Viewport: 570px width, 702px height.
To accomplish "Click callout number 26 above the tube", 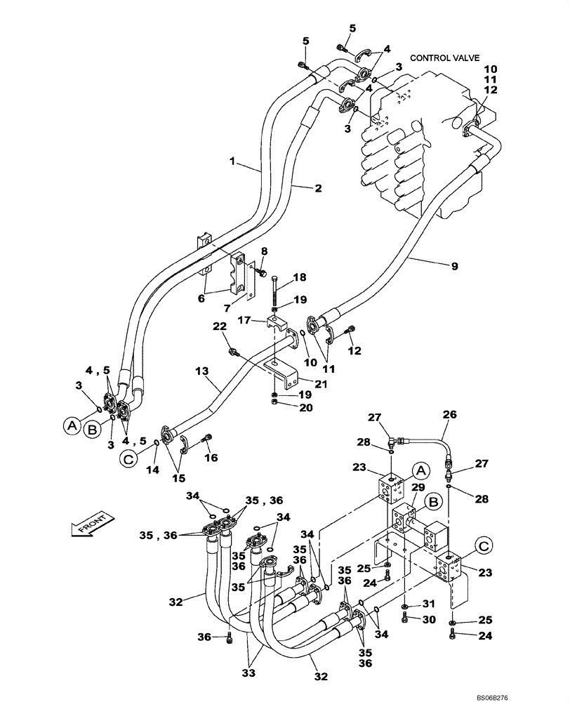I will tap(449, 415).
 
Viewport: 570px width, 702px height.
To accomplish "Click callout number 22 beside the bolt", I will tap(220, 326).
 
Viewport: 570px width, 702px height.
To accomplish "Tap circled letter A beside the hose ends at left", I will tap(70, 424).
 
